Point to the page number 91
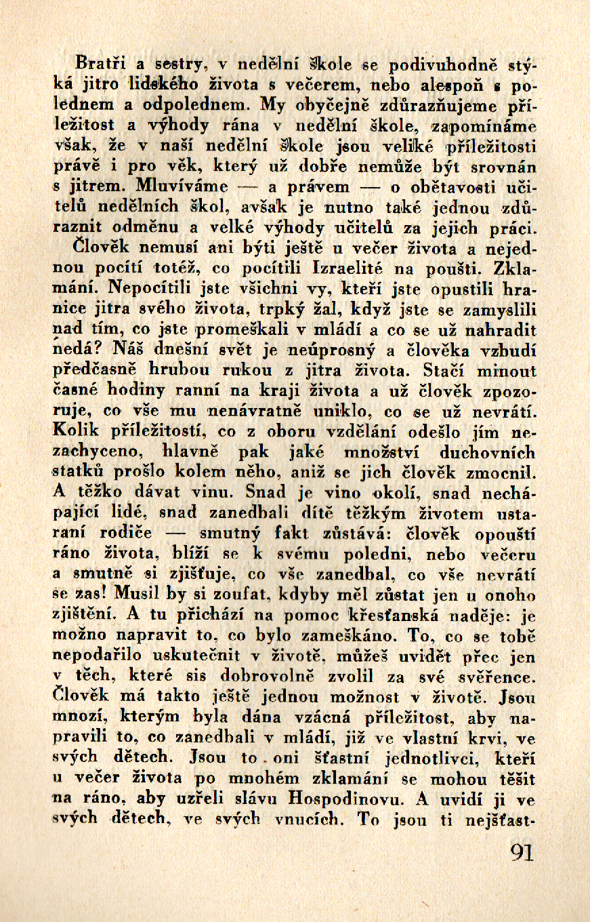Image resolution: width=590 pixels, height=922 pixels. pos(522,852)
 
